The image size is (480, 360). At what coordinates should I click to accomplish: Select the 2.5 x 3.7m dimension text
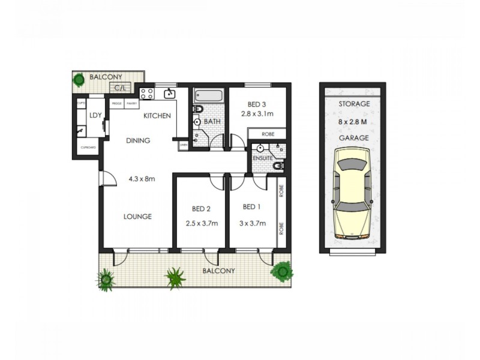[x=201, y=223]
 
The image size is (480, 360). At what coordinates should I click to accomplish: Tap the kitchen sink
[x=170, y=93]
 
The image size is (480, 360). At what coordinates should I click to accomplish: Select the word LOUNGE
[x=138, y=217]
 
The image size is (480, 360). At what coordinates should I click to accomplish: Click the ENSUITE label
[x=262, y=158]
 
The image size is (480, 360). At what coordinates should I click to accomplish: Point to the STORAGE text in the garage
[x=353, y=104]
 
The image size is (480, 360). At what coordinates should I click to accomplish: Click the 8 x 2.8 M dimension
[x=353, y=122]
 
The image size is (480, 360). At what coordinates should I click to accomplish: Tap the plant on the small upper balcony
[x=79, y=80]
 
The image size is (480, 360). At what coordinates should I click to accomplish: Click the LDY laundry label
[x=95, y=116]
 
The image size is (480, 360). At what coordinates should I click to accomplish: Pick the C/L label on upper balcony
[x=120, y=89]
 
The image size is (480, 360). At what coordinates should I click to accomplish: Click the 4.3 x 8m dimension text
[x=142, y=178]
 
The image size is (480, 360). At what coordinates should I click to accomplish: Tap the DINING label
[x=137, y=141]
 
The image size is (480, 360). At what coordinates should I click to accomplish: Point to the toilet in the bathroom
[x=199, y=109]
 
